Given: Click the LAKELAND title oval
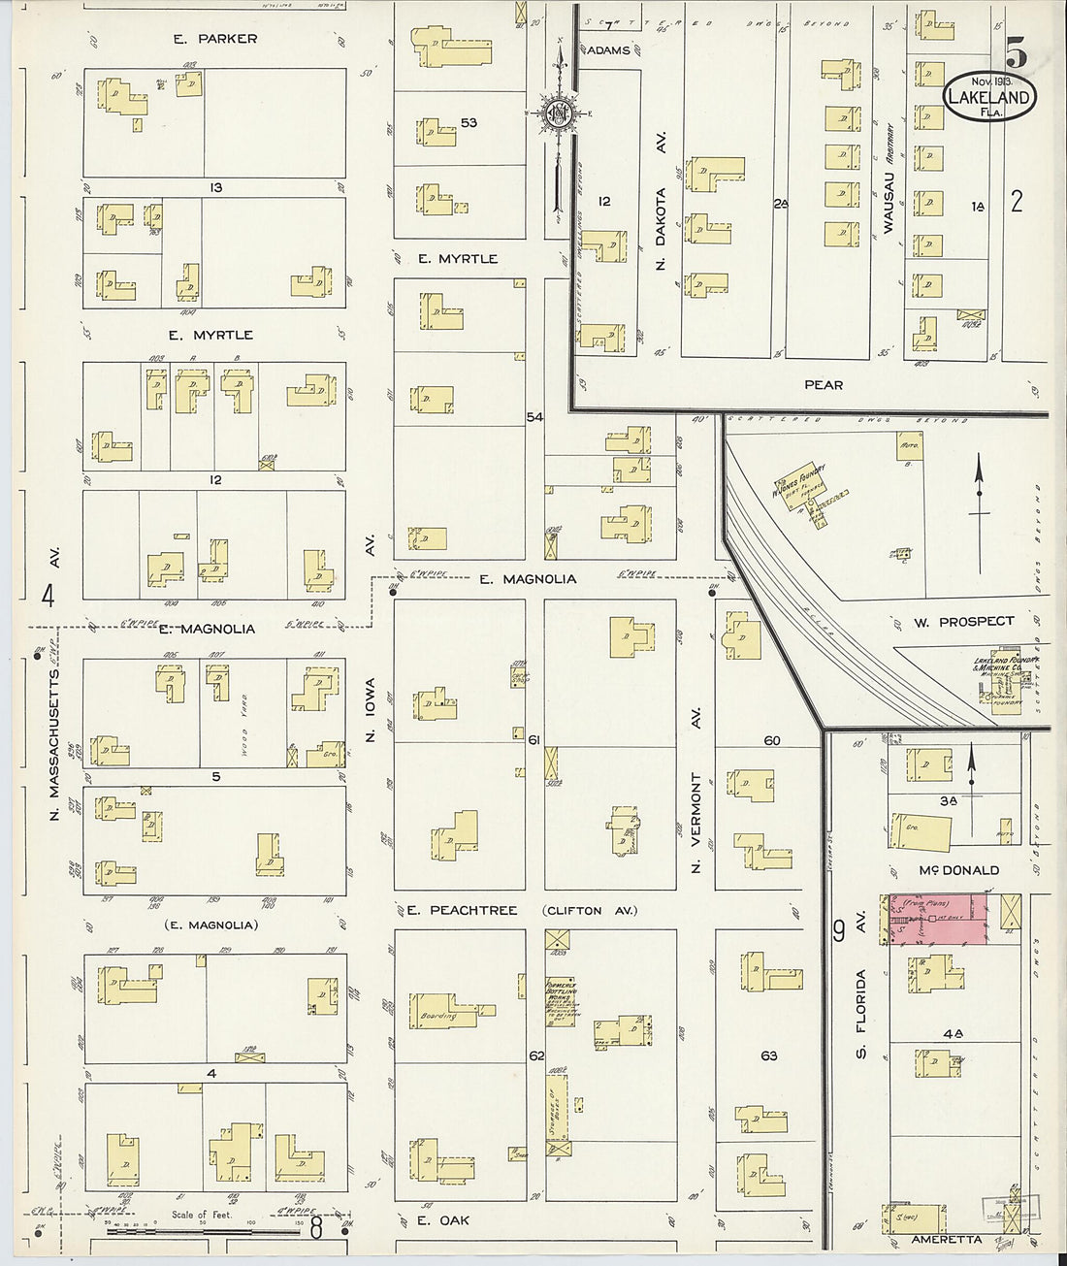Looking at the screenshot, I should point(988,97).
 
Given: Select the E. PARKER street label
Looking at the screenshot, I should point(215,39).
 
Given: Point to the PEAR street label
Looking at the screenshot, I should point(824,385).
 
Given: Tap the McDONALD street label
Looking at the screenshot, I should point(957,870).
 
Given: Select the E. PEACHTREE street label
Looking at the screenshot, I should point(462,910).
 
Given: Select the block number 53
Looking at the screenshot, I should point(469,123).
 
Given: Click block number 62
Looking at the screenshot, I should point(536,1055).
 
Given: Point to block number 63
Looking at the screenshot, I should point(769,1055).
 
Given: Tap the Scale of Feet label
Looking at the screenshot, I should point(202,1214).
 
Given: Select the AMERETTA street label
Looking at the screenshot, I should point(947,1240).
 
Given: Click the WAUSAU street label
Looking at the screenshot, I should point(888,203).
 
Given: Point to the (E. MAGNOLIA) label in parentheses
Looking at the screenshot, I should point(210,925).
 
